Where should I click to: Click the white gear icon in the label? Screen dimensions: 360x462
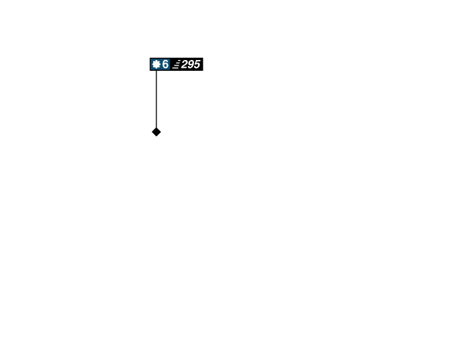click(x=156, y=65)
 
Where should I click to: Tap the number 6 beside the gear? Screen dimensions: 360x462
click(x=165, y=65)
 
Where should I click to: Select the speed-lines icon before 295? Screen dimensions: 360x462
click(x=176, y=65)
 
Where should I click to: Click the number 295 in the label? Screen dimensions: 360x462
click(x=190, y=65)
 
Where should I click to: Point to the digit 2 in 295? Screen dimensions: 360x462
click(x=185, y=65)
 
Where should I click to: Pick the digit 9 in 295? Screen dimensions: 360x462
click(x=190, y=65)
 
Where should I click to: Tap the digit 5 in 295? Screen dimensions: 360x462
click(x=196, y=65)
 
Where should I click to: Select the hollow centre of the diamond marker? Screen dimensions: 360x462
click(x=156, y=132)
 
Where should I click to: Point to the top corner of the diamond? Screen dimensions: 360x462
click(x=156, y=127)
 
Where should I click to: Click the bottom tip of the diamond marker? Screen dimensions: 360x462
click(x=156, y=138)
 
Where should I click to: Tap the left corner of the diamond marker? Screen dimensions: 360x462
click(x=151, y=132)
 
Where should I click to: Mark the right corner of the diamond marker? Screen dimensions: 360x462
click(x=162, y=132)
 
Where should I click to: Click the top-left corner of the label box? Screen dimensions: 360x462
click(x=149, y=57)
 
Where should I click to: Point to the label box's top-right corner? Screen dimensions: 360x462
click(x=204, y=57)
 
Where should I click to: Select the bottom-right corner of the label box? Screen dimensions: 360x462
click(x=204, y=72)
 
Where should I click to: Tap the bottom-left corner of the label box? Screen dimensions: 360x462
click(x=149, y=72)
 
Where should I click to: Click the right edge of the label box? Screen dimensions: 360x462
click(x=204, y=65)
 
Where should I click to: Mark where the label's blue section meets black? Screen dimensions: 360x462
click(x=170, y=65)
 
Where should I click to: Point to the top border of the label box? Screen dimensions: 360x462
click(x=176, y=57)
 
